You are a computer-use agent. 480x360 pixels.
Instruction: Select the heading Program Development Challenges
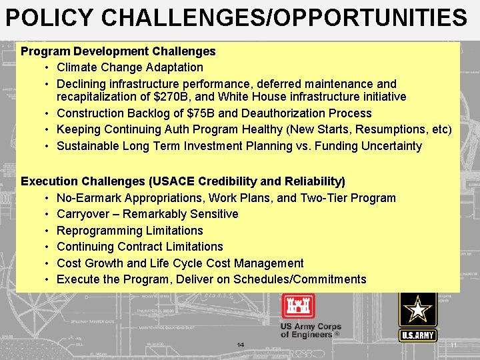click(x=119, y=51)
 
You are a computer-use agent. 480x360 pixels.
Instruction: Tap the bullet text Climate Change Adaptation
click(x=130, y=67)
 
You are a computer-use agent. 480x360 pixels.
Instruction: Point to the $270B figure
click(x=169, y=97)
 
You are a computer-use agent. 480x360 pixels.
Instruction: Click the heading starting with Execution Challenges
click(x=183, y=181)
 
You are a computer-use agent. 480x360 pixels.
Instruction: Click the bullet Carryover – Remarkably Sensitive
click(x=147, y=214)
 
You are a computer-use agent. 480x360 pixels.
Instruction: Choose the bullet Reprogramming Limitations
click(x=130, y=231)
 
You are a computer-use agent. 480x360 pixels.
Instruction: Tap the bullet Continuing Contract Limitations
click(x=140, y=247)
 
